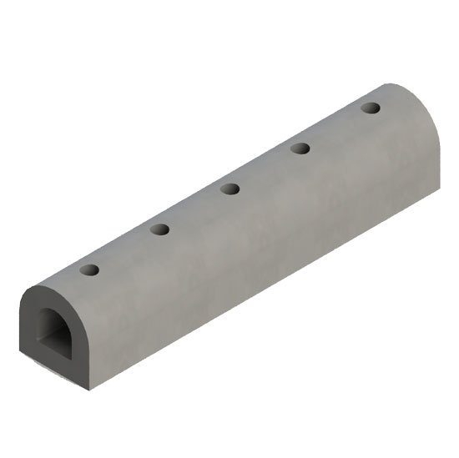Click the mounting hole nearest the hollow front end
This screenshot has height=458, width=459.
point(89,270)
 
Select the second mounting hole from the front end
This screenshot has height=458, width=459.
point(160,229)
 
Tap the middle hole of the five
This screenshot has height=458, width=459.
point(230,189)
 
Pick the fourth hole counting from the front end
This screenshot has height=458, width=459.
point(300,148)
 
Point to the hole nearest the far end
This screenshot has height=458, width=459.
point(371,108)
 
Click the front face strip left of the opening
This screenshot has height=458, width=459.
point(26,322)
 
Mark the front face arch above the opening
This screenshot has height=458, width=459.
point(46,296)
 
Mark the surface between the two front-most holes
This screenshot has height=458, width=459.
point(125,249)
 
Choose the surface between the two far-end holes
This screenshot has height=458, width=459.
point(335,128)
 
